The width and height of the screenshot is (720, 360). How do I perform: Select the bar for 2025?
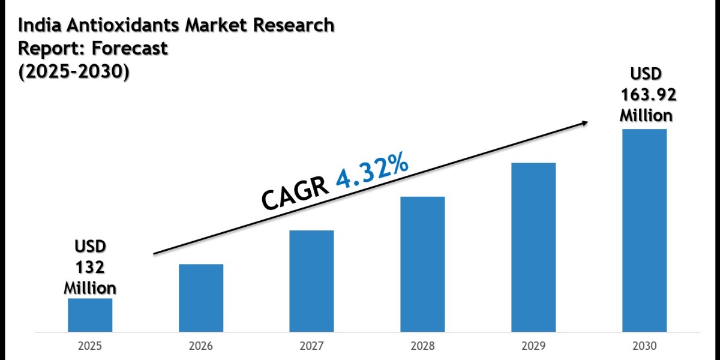pos(90,314)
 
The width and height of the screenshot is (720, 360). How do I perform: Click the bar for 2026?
pos(201,298)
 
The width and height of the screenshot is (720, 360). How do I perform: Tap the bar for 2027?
pos(311,281)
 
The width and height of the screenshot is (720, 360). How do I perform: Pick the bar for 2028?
pos(422,264)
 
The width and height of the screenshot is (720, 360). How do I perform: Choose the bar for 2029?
pos(533,247)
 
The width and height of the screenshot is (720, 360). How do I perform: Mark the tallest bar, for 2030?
pos(644,230)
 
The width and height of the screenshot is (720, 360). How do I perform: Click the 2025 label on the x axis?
pos(90,346)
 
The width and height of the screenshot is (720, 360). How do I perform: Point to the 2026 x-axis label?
pos(201,346)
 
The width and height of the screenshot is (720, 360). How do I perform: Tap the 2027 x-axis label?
pos(311,346)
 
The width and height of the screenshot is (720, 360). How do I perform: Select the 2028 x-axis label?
pos(422,346)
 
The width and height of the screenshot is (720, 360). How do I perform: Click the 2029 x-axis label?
pos(533,346)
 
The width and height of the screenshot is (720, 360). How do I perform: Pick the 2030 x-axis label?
pos(644,346)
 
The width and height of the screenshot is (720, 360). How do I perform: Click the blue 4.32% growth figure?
pos(373,171)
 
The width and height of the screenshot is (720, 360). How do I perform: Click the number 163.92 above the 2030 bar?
pos(646,94)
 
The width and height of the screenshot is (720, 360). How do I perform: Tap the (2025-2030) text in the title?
pos(74,71)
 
